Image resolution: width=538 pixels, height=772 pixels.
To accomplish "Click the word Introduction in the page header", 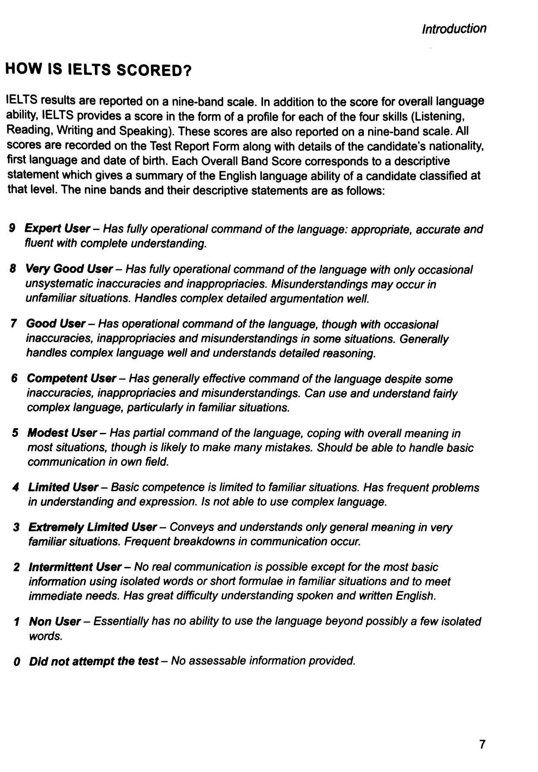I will [454, 29].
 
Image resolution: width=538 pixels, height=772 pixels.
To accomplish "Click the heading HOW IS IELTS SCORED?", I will [98, 70].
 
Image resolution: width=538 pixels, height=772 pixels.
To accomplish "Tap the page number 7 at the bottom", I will [482, 744].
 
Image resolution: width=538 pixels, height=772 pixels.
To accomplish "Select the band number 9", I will [12, 228].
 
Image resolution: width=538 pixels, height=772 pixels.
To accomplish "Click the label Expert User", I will [57, 228].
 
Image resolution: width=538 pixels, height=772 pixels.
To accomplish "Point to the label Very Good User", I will [69, 269].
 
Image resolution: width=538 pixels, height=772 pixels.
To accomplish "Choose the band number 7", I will [13, 323].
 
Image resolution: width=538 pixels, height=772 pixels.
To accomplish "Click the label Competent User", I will [71, 378].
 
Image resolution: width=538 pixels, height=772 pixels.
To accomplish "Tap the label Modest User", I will [62, 433].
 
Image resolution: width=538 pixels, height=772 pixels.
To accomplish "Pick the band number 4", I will [16, 487].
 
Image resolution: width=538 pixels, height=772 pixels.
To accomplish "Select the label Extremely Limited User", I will [92, 527].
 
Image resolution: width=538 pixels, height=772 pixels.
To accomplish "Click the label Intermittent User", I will [75, 567].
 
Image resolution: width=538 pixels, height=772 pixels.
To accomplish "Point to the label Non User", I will [55, 621].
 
